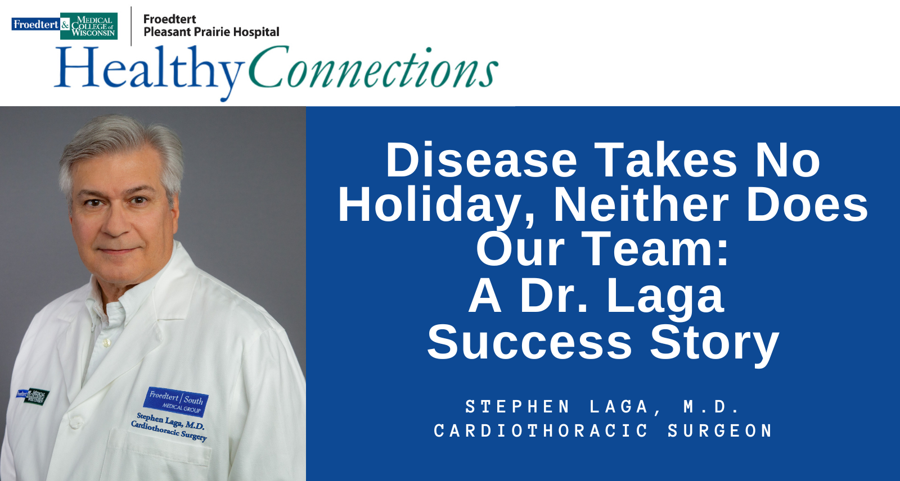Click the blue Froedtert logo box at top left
click(x=36, y=25)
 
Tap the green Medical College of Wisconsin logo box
click(x=89, y=26)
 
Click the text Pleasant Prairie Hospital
click(x=211, y=32)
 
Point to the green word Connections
click(x=373, y=67)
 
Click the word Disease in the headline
click(x=481, y=160)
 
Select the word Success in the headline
click(x=529, y=342)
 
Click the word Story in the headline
click(x=715, y=344)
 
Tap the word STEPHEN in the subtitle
click(x=517, y=407)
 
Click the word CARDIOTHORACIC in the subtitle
click(x=541, y=431)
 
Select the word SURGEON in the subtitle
click(x=719, y=431)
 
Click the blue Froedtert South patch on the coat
click(x=176, y=402)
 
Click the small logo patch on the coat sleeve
click(x=33, y=397)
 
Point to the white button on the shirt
click(x=106, y=343)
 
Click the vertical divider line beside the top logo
click(x=131, y=26)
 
